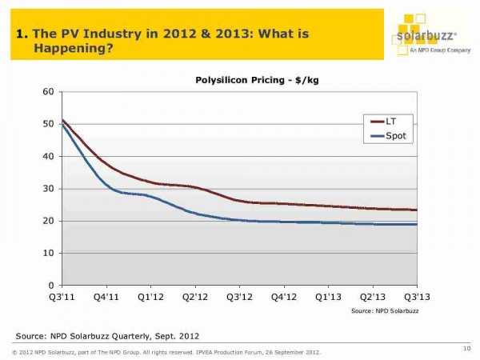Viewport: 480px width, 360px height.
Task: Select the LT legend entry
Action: [x=390, y=121]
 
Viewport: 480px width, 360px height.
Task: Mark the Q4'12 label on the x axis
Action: [x=283, y=297]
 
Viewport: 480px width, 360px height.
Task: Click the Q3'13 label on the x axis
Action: [x=417, y=297]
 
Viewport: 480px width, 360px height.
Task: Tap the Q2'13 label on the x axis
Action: [x=372, y=297]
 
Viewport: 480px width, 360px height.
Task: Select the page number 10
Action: [x=466, y=346]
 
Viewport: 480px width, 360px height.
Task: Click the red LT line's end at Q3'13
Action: [x=416, y=210]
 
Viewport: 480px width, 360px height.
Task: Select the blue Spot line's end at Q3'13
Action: [x=416, y=224]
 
